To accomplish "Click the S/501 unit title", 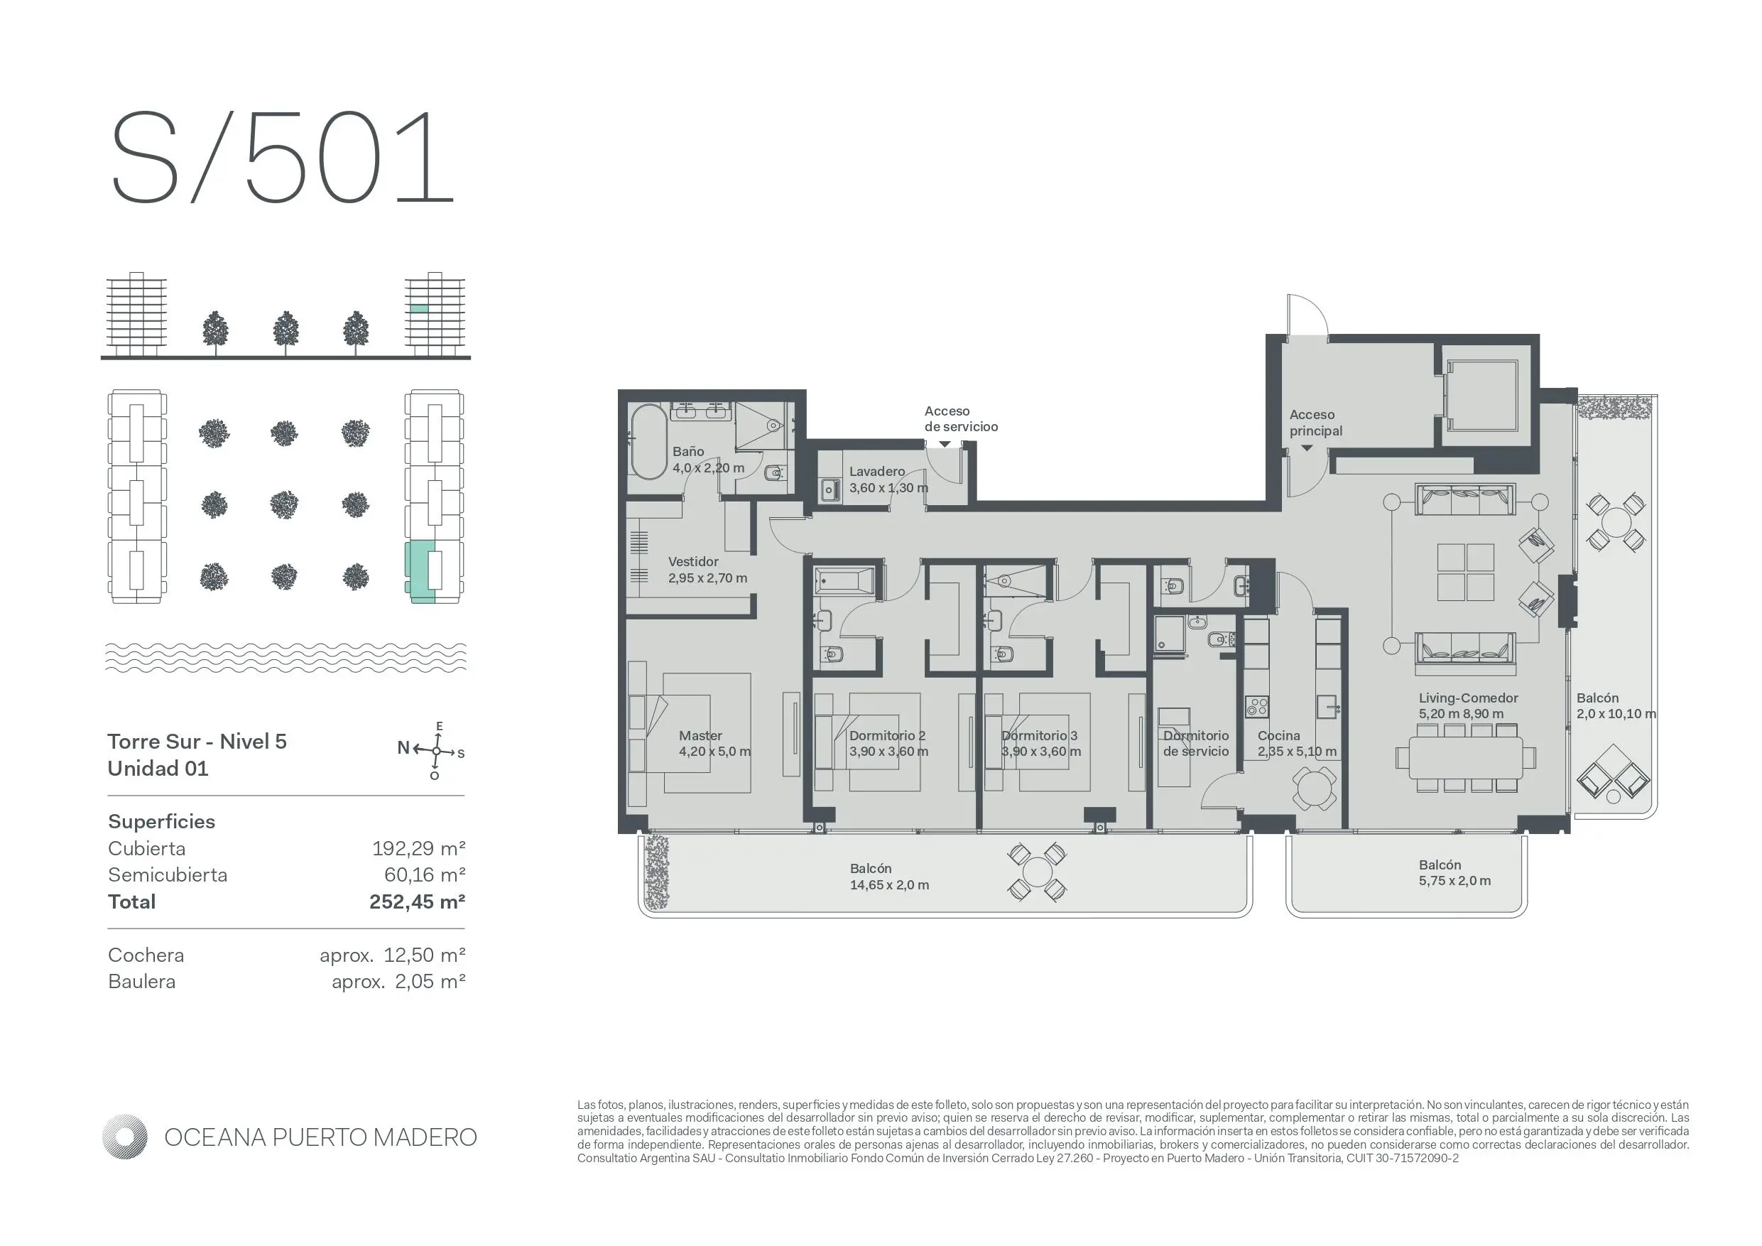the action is tap(283, 158).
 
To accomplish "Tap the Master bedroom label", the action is tap(700, 735).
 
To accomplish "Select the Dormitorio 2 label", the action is tap(887, 735).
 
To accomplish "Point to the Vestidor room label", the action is tap(693, 562).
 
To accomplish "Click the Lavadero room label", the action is tap(876, 472).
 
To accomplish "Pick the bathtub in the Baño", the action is tap(648, 442).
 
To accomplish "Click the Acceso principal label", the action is tap(1316, 423).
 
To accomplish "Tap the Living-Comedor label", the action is tap(1468, 698).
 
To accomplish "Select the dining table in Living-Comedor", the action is tap(1466, 757).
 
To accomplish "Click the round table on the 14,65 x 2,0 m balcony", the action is tap(1037, 873).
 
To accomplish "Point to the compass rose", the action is tap(436, 751).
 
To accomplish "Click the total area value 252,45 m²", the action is tap(417, 901).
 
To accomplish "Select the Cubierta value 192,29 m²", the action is tap(418, 848).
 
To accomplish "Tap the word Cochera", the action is tap(146, 955).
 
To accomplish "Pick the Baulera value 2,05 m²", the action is tap(430, 981).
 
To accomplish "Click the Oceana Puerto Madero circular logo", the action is tap(124, 1136).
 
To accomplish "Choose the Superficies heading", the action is tap(161, 821).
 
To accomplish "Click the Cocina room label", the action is tap(1278, 735).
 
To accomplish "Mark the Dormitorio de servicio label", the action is tap(1196, 743).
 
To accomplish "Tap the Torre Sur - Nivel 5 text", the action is tap(197, 742).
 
